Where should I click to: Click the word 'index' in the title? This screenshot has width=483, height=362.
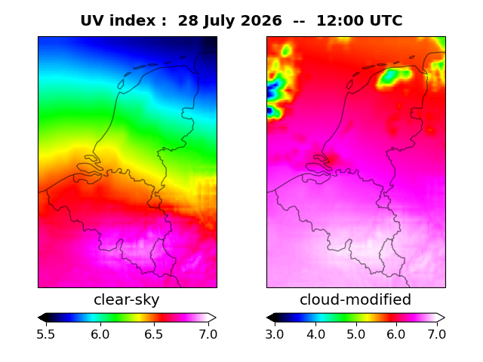133,21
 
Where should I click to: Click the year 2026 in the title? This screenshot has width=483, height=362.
261,21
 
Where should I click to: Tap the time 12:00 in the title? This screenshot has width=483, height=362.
340,21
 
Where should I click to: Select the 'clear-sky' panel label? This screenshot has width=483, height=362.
127,299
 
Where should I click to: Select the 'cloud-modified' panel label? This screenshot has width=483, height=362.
355,299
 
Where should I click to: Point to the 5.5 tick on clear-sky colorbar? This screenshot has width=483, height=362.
46,334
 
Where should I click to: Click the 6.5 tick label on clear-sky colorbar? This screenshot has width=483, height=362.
154,334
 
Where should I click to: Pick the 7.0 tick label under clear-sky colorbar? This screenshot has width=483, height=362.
208,334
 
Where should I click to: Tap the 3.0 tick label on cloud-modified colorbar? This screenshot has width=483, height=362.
275,334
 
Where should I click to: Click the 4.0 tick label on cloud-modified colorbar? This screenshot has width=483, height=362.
315,334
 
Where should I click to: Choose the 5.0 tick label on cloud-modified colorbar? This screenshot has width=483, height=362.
356,334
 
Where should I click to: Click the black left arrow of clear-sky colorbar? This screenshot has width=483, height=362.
42,318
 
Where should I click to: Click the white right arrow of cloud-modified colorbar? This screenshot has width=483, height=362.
441,318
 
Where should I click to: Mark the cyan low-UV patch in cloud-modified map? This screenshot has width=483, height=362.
391,75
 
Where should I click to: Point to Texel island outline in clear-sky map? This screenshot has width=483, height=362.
121,84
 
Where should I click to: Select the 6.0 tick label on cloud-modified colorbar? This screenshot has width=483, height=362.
396,334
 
